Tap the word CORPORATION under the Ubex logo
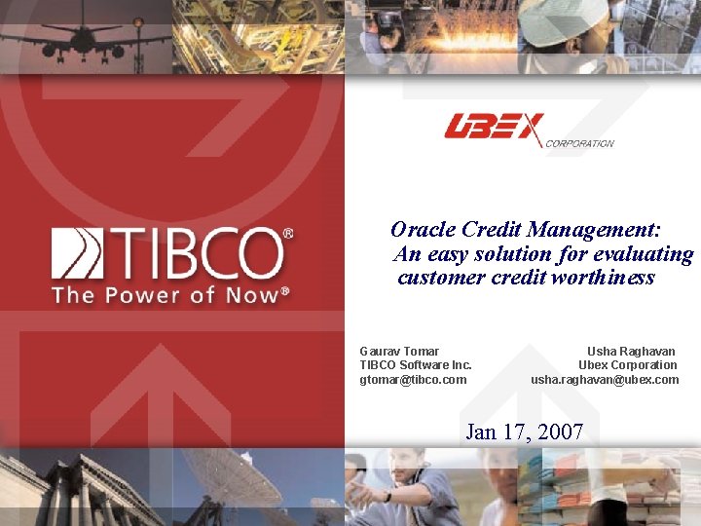click(579, 143)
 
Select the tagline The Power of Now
click(170, 294)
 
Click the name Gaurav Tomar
click(399, 351)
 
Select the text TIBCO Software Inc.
click(416, 365)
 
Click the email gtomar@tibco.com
click(413, 379)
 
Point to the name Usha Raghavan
click(631, 351)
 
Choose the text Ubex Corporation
click(628, 365)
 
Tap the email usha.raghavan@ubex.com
click(605, 379)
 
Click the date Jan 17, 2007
click(525, 431)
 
